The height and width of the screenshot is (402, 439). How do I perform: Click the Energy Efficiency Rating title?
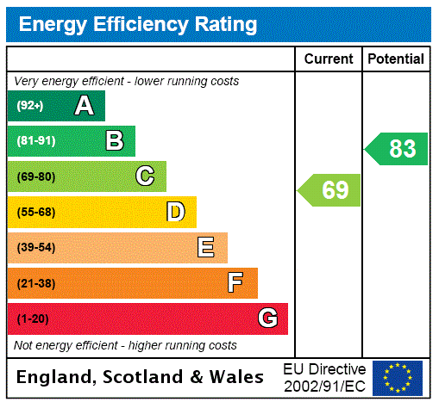click(x=138, y=24)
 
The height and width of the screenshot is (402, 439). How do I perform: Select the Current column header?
click(x=329, y=59)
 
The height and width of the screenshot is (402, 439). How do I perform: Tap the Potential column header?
click(x=396, y=59)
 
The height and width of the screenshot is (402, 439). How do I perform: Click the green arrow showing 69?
click(x=330, y=190)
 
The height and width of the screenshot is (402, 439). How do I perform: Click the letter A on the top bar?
click(x=84, y=106)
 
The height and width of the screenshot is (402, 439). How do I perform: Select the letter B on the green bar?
click(x=114, y=141)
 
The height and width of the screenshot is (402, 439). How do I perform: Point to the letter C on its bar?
click(x=145, y=176)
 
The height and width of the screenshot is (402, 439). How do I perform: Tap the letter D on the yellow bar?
click(x=175, y=212)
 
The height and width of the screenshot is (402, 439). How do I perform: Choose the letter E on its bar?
click(x=206, y=248)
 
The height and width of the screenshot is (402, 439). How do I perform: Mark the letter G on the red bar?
click(x=267, y=319)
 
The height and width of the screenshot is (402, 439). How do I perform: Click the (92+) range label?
click(x=30, y=106)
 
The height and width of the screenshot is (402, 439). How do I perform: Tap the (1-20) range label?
click(x=33, y=319)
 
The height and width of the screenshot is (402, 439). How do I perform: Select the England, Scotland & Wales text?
click(x=141, y=377)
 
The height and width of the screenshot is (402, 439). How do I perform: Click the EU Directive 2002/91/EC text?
click(x=324, y=377)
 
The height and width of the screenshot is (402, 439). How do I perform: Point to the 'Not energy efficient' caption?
click(x=125, y=345)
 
